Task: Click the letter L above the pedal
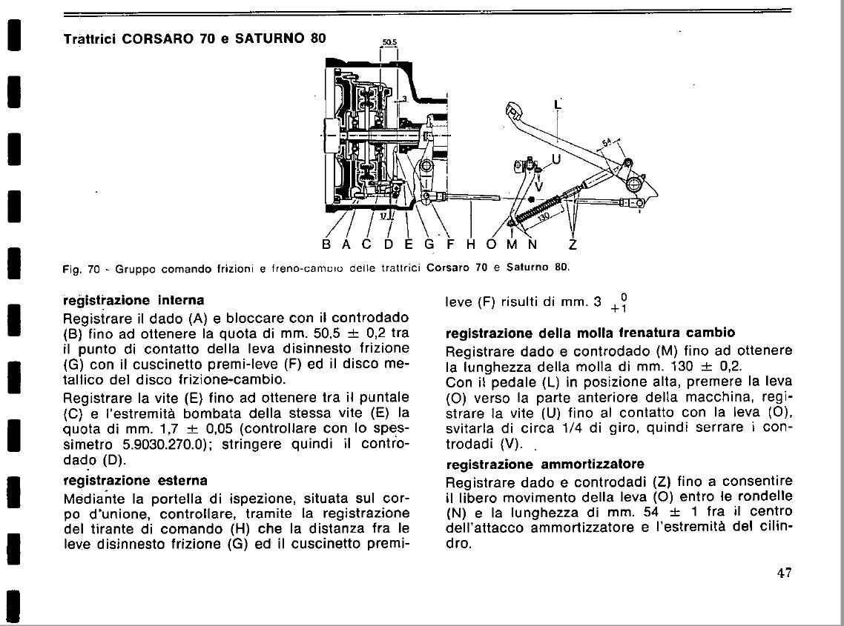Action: (x=557, y=106)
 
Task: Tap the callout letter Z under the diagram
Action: (x=573, y=244)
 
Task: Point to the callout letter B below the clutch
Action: (x=326, y=244)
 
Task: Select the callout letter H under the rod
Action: (x=470, y=244)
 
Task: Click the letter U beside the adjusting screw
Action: (x=557, y=159)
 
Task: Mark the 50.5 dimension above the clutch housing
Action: (x=390, y=44)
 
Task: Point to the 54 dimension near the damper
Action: (x=607, y=144)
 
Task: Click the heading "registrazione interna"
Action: (x=133, y=301)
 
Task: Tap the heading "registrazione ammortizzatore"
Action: (x=545, y=464)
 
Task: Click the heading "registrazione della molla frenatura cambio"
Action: (x=590, y=332)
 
